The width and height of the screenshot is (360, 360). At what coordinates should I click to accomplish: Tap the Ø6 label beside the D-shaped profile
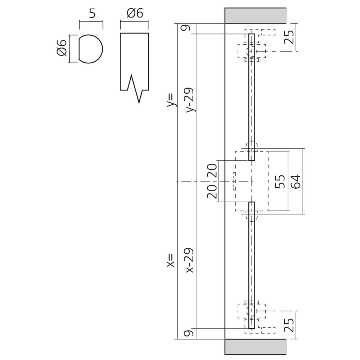(x=62, y=48)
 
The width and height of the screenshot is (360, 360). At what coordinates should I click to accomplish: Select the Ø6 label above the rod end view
(x=135, y=14)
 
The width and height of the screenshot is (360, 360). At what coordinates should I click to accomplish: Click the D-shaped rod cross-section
(x=91, y=49)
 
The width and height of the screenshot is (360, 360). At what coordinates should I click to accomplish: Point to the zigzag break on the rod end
(x=135, y=88)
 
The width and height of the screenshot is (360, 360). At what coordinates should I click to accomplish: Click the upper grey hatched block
(x=256, y=15)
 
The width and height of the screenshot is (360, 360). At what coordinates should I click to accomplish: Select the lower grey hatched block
(x=256, y=346)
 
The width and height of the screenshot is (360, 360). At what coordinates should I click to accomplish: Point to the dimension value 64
(x=295, y=181)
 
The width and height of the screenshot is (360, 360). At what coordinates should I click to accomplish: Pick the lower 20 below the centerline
(x=212, y=192)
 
